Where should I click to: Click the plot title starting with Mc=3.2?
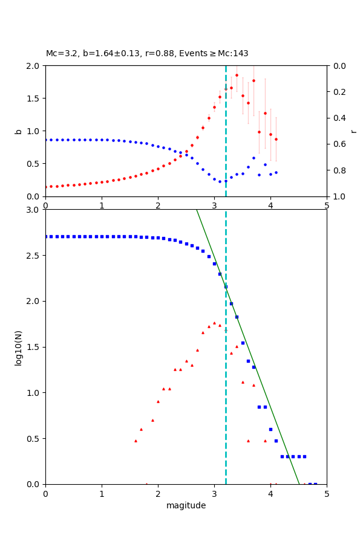[147, 53]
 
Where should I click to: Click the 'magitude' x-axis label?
[186, 505]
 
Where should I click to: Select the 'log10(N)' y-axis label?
[18, 347]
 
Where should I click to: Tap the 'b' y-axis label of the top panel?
[18, 131]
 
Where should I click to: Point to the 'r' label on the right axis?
[353, 131]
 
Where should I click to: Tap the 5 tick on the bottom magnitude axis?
[327, 493]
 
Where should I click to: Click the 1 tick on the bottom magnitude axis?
[102, 493]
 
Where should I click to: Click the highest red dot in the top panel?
[237, 75]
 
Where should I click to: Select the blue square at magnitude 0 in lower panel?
[46, 236]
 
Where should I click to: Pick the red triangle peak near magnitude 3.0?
[214, 323]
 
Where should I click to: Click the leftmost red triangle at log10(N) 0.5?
[136, 441]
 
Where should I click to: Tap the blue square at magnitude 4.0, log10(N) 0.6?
[270, 429]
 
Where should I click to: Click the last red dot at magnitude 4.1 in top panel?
[276, 139]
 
